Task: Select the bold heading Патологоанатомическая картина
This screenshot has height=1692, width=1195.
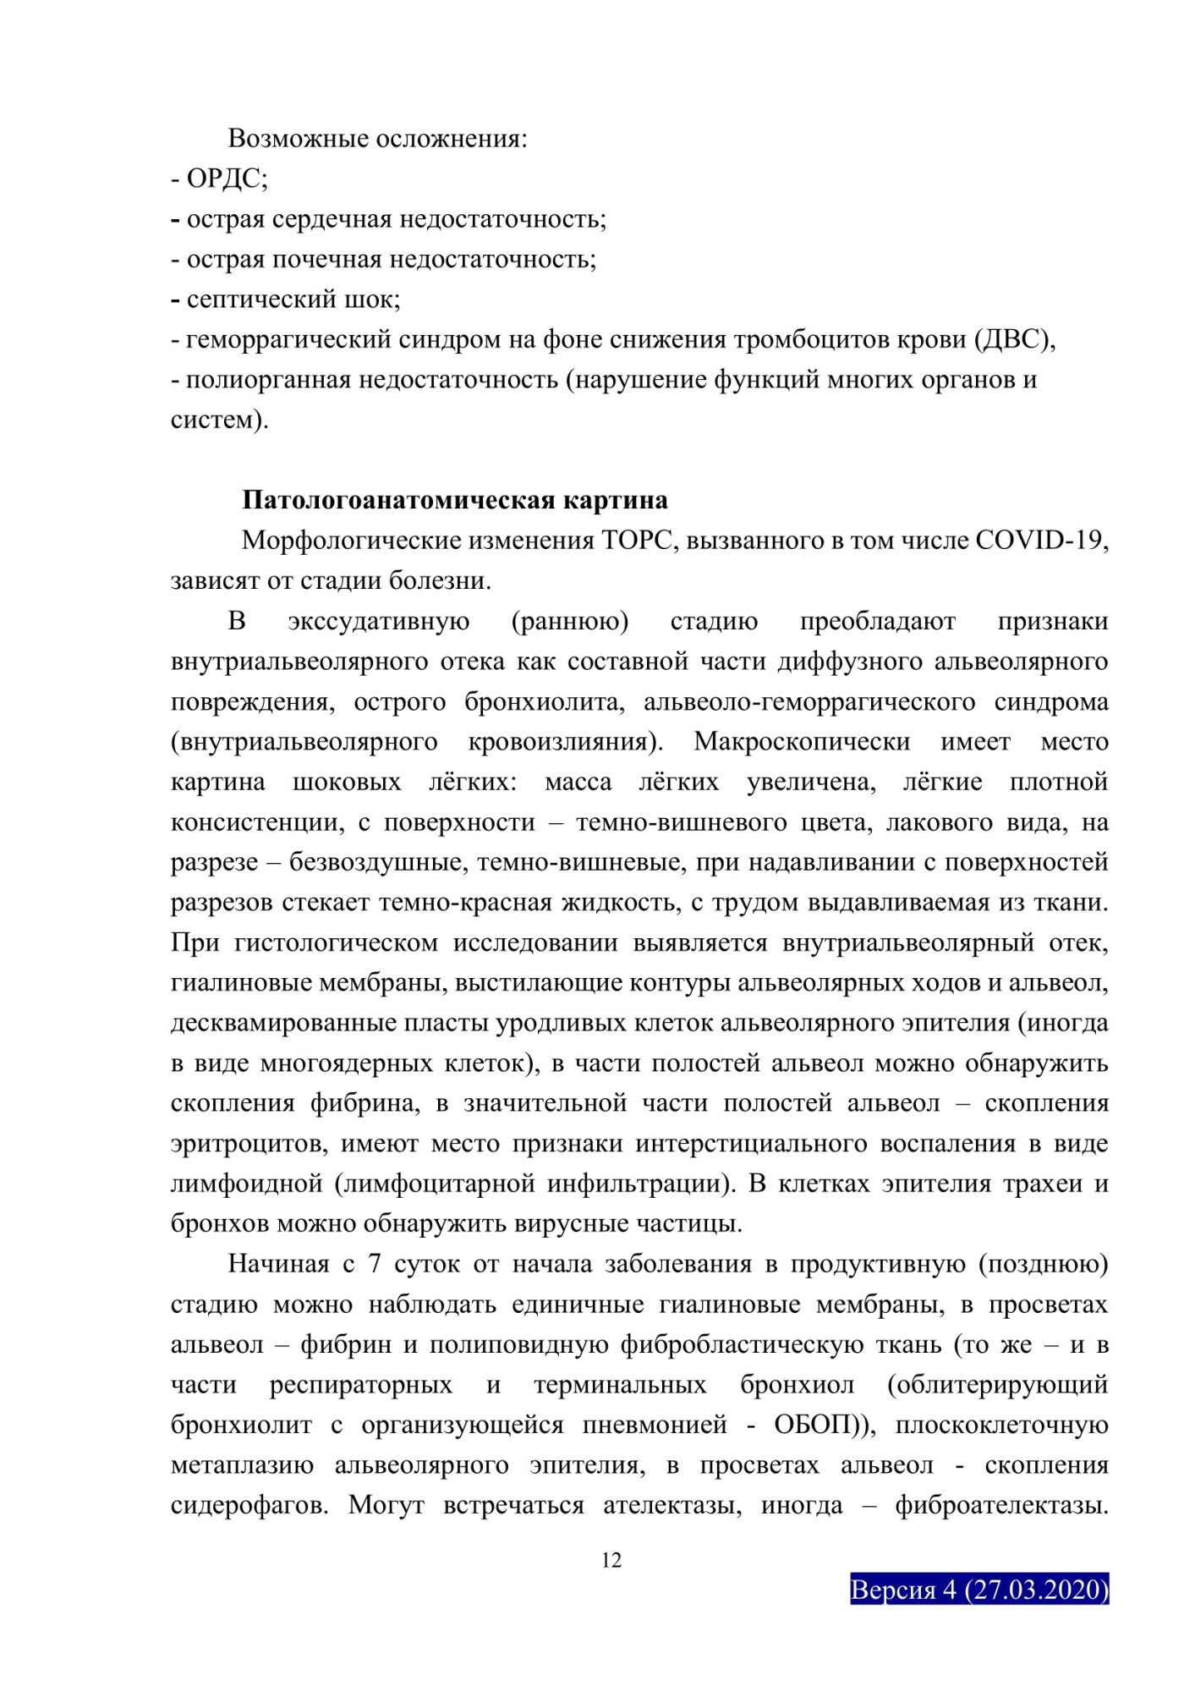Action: [455, 500]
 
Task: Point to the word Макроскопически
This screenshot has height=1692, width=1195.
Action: [802, 742]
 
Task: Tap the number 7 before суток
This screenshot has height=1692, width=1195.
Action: [375, 1265]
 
